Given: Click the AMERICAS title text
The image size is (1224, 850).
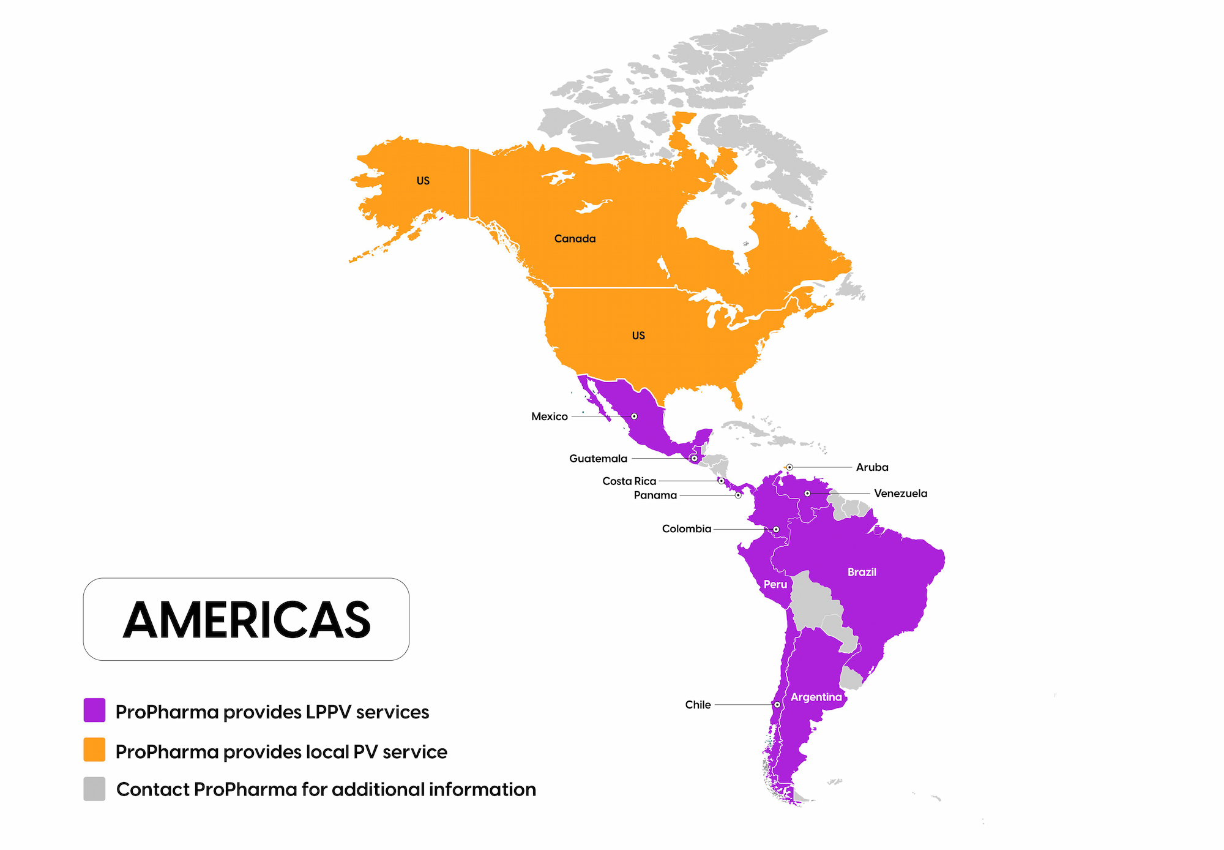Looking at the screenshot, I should (x=247, y=619).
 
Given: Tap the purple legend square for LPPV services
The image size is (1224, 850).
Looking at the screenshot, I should (x=94, y=710).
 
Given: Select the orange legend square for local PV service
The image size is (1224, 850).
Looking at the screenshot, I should (x=94, y=750).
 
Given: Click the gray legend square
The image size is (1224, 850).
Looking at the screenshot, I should (x=94, y=789).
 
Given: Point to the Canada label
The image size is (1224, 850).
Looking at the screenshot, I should (x=575, y=239).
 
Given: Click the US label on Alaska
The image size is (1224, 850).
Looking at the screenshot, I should (x=423, y=181).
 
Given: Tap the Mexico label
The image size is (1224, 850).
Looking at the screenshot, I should (x=549, y=416).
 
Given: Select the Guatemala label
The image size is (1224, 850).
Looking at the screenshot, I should (x=598, y=459).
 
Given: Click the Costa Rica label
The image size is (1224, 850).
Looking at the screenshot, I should (x=629, y=481).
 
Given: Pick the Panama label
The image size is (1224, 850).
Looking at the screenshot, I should (x=655, y=495).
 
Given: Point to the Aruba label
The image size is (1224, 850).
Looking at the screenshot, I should (x=871, y=467).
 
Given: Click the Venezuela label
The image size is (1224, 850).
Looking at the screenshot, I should (x=900, y=494).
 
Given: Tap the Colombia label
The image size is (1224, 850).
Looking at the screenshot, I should (x=686, y=529).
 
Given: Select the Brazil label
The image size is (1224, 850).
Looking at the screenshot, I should (x=862, y=572).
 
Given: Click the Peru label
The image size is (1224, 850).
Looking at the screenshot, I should (x=775, y=584).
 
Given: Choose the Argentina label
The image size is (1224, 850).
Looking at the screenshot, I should (x=816, y=697).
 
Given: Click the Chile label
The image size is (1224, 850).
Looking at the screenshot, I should (x=698, y=705).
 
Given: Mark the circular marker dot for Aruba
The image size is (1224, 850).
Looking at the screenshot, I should (x=789, y=467).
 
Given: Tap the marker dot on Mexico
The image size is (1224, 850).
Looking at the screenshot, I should (x=634, y=416).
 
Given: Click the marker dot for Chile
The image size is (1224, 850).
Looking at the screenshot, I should (x=777, y=705).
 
